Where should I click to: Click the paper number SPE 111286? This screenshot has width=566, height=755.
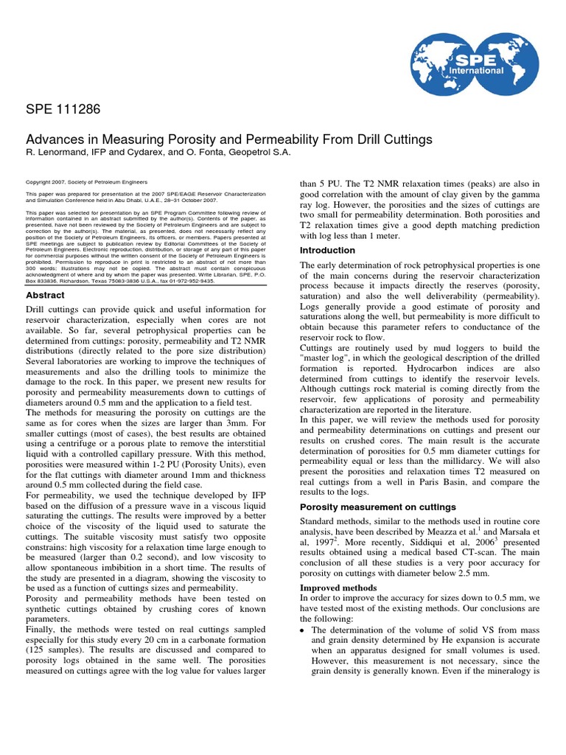coord(63,110)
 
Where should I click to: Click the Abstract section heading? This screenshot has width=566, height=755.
coord(45,295)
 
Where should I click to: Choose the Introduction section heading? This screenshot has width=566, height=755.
coord(327,251)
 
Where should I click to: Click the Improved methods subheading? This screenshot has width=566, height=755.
coord(338,588)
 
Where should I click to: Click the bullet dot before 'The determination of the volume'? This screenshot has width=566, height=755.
coord(303,630)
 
